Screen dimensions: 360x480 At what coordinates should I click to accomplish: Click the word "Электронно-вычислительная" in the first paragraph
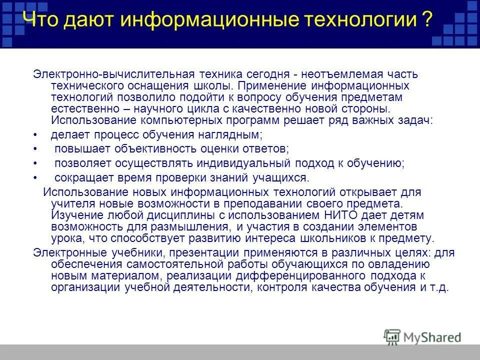click(x=113, y=73)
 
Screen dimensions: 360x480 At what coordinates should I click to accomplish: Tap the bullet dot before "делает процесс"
click(x=35, y=135)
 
